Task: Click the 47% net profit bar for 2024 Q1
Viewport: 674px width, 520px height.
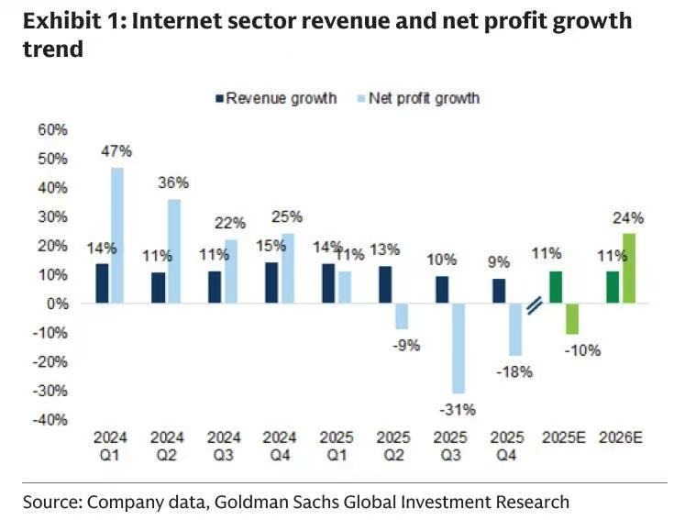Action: tap(117, 235)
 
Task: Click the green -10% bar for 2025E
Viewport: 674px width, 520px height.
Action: tap(572, 318)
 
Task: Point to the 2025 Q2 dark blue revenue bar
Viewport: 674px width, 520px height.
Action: tap(385, 284)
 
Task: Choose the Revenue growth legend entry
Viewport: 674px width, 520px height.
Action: tap(276, 98)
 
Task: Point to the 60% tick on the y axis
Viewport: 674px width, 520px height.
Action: tap(52, 130)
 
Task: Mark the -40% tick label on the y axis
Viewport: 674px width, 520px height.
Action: tap(50, 420)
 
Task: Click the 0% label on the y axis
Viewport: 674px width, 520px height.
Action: tap(57, 304)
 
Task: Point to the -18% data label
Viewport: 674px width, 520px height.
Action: tap(514, 372)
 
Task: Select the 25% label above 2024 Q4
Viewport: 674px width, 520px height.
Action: tap(287, 216)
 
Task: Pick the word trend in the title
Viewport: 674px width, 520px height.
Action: tap(53, 49)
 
